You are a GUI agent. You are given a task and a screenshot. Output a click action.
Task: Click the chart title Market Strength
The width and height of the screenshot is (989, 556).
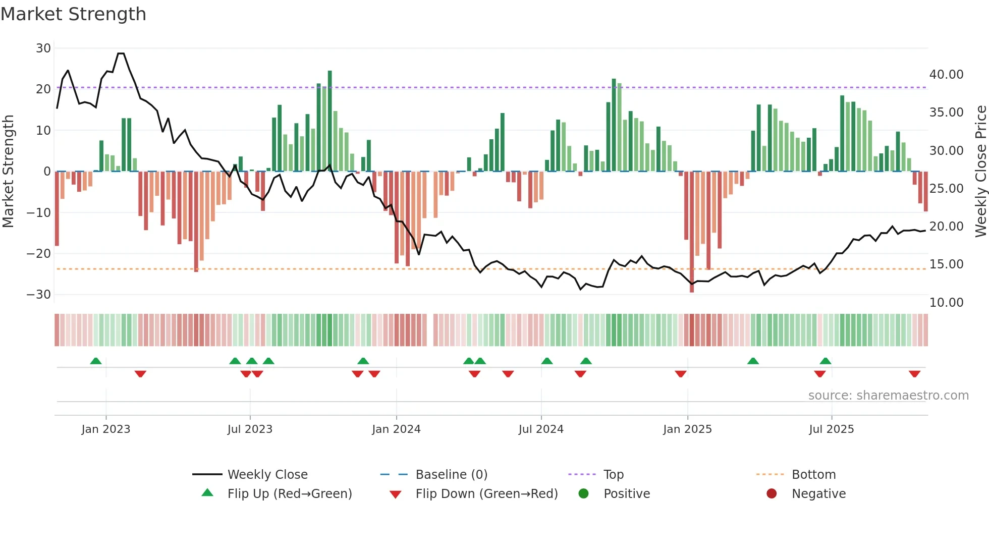[73, 14]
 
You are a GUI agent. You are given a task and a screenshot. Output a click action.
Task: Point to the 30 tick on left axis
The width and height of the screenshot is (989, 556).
[43, 48]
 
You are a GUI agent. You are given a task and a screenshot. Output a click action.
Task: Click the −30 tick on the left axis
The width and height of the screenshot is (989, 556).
[39, 295]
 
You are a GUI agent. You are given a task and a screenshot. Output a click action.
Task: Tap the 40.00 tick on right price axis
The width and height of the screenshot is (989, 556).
[946, 75]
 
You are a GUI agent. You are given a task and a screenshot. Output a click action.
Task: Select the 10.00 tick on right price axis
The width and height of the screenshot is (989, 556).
[946, 303]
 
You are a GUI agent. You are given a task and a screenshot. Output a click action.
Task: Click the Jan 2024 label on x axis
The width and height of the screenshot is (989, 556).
[396, 429]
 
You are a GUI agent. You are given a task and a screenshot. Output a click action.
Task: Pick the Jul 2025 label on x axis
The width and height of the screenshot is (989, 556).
[831, 429]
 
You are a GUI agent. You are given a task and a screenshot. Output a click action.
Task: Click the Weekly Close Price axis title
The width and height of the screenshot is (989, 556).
[980, 172]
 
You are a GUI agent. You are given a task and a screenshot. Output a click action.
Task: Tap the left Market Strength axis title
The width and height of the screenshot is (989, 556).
[9, 172]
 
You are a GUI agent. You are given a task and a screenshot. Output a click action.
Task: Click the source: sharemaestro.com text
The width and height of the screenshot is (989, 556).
[888, 396]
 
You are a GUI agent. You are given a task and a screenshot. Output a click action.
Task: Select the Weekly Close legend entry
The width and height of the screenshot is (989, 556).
[267, 475]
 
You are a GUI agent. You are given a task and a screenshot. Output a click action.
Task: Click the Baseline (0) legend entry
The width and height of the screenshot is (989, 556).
[451, 475]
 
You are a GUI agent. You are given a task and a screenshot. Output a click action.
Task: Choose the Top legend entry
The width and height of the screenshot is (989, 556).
[613, 475]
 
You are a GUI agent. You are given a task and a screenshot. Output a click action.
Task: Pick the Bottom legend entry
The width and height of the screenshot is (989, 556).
[813, 475]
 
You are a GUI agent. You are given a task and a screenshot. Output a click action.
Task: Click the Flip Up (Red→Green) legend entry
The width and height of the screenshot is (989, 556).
[289, 494]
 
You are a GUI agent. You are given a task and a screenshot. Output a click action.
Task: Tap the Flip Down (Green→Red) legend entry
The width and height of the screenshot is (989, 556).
[486, 494]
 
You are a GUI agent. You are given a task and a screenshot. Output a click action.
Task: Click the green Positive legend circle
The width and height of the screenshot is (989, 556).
[584, 494]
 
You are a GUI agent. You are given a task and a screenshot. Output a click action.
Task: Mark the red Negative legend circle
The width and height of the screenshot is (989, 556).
[772, 494]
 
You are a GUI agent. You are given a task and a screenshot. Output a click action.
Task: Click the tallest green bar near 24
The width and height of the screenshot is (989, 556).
[330, 121]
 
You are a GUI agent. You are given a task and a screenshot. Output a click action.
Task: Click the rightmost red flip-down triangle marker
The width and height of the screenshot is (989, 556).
[914, 374]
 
